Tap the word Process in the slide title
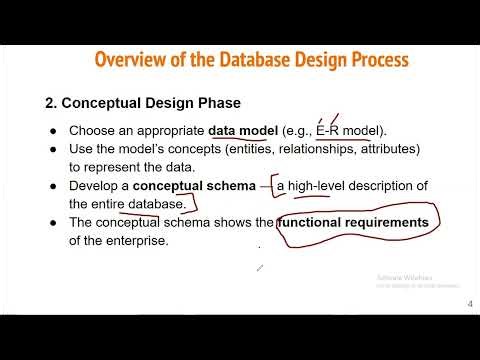372,59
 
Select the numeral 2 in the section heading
50,102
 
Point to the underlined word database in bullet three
156,204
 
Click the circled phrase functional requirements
354,222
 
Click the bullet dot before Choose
53,131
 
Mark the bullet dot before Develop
53,187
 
